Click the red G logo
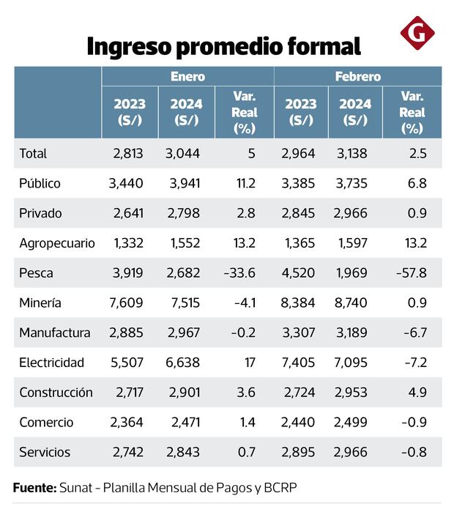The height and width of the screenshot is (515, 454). tap(417, 33)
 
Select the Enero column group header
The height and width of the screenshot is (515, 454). tap(187, 76)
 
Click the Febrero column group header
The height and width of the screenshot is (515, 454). tap(357, 76)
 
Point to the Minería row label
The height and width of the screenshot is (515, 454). tap(40, 303)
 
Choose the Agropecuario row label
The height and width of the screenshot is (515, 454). tap(56, 243)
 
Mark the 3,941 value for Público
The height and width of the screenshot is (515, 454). tap(183, 183)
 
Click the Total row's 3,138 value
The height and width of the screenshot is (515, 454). tap(354, 154)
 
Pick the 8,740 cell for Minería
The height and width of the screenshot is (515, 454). tap(354, 303)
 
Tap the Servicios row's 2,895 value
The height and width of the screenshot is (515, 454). tap(299, 452)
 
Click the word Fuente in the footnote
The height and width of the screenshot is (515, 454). tap(34, 487)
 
